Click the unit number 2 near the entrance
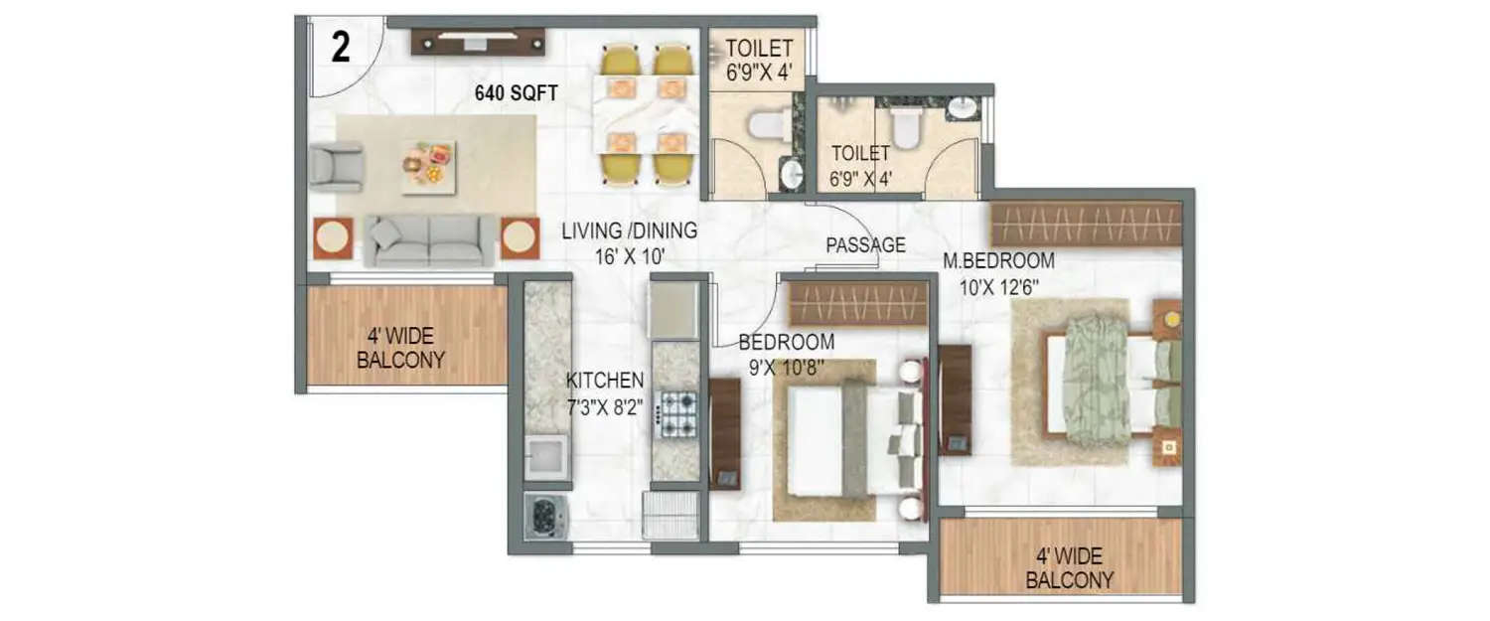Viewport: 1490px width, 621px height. coord(341,49)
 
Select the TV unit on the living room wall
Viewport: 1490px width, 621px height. coord(479,42)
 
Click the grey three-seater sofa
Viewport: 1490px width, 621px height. coord(430,240)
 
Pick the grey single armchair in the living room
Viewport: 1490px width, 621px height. coord(334,166)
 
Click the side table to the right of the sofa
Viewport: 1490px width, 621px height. coord(520,238)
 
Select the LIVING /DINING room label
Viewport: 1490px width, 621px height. coord(629,232)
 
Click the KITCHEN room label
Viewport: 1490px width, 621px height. coord(605,381)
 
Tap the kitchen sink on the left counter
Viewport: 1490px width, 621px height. coord(546,457)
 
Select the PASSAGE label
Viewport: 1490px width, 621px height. coord(865,245)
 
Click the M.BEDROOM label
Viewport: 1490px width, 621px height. coord(998,262)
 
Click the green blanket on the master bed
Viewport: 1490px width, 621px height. coord(1095,379)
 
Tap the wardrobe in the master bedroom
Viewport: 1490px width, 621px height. coord(1085,225)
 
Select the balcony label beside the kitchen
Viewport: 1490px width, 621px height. coord(400,348)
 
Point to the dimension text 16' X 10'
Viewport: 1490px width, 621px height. coord(629,256)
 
